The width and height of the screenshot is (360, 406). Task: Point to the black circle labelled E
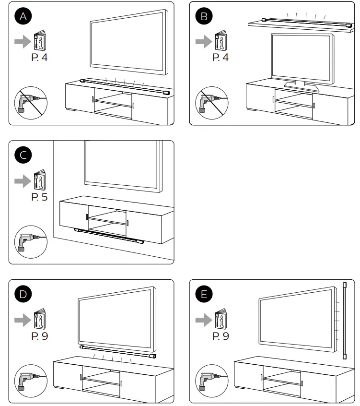click(205, 294)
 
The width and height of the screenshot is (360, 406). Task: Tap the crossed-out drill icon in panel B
click(211, 102)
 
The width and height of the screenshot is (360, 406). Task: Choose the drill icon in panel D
click(30, 381)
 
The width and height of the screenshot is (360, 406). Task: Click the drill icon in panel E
click(211, 381)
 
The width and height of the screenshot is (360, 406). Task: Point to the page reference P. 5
click(39, 196)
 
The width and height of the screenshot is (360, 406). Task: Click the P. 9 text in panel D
click(39, 335)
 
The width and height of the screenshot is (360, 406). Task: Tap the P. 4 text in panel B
click(221, 58)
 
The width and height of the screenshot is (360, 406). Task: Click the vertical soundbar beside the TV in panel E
click(344, 322)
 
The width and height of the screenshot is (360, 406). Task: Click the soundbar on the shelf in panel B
click(298, 22)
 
